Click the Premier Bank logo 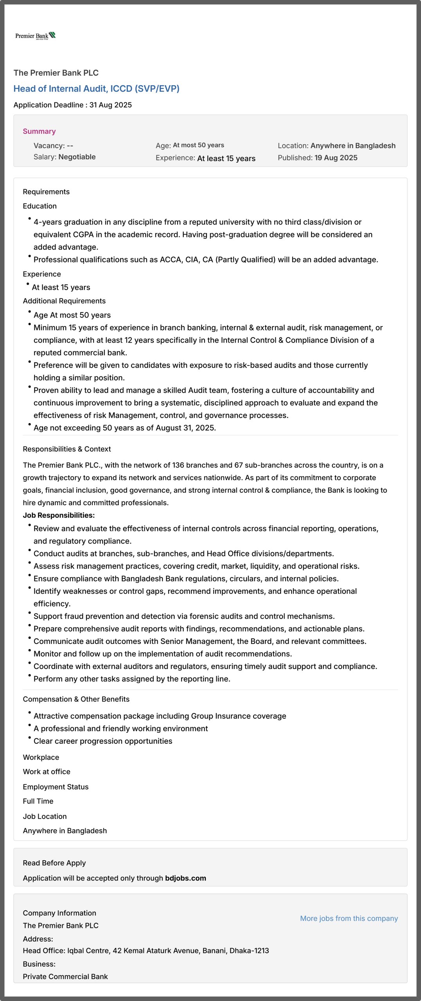[x=35, y=36]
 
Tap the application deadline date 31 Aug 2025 [x=110, y=105]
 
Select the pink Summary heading [x=39, y=131]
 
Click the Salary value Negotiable [x=77, y=157]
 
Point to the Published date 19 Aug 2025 [x=336, y=158]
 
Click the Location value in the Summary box [x=353, y=145]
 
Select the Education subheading [x=40, y=206]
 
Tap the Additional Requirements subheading [x=64, y=301]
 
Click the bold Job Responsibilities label [x=59, y=515]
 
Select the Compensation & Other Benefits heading [x=76, y=699]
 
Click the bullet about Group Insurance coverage [x=160, y=716]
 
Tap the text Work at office [x=47, y=771]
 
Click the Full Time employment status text [x=38, y=801]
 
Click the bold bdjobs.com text [x=185, y=878]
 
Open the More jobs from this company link [x=349, y=918]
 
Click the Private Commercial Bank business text [x=65, y=976]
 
